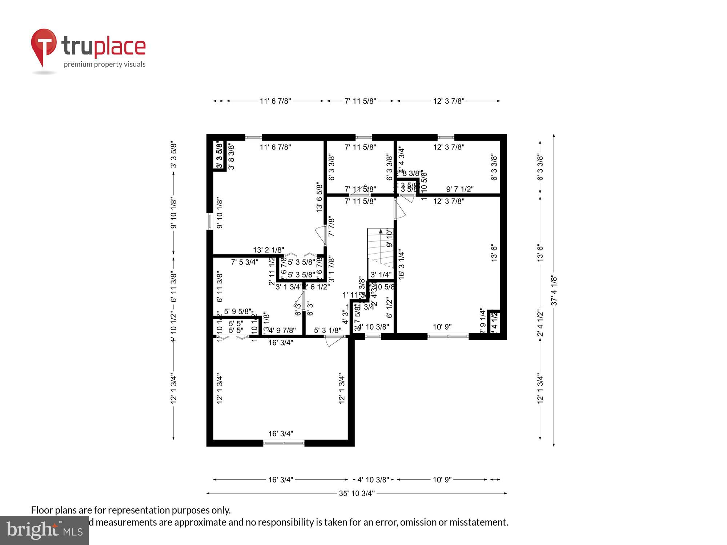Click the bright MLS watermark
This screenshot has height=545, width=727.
point(44,530)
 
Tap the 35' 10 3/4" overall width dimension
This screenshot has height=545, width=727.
point(357,493)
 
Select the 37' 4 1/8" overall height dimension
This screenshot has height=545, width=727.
point(554,290)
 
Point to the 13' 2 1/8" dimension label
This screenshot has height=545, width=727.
point(269,250)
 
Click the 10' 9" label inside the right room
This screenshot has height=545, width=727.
point(442,327)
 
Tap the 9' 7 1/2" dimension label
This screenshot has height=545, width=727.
point(460,189)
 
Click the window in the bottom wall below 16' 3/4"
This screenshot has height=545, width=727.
point(284,443)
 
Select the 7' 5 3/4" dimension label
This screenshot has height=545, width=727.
point(245,262)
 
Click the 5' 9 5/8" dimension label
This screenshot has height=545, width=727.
point(238,311)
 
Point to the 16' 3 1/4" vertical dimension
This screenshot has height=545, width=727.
point(401,264)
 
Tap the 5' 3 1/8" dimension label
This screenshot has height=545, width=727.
point(328,330)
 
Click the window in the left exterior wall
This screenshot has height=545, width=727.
point(210,221)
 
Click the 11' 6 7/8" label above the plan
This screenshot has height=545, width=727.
point(275,101)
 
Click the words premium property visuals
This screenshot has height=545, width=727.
point(105,65)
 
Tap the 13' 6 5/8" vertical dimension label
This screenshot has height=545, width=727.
point(320,197)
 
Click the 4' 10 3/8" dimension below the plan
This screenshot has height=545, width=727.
point(373,480)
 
